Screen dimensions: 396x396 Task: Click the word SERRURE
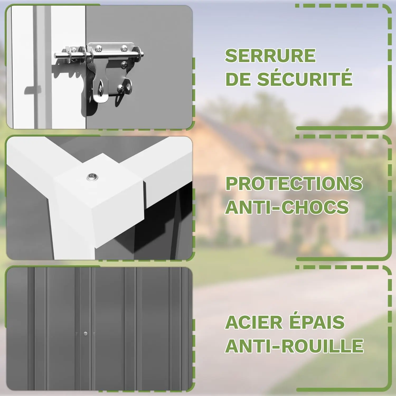point(270,55)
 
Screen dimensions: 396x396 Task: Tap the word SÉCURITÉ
point(305,78)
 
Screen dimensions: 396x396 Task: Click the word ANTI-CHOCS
point(287,207)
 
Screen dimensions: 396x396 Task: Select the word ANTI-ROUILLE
point(294,346)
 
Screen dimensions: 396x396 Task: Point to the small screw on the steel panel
point(85,334)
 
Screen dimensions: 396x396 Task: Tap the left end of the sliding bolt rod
point(56,56)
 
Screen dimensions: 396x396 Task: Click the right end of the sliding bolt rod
point(142,55)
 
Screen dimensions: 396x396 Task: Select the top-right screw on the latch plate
point(124,48)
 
